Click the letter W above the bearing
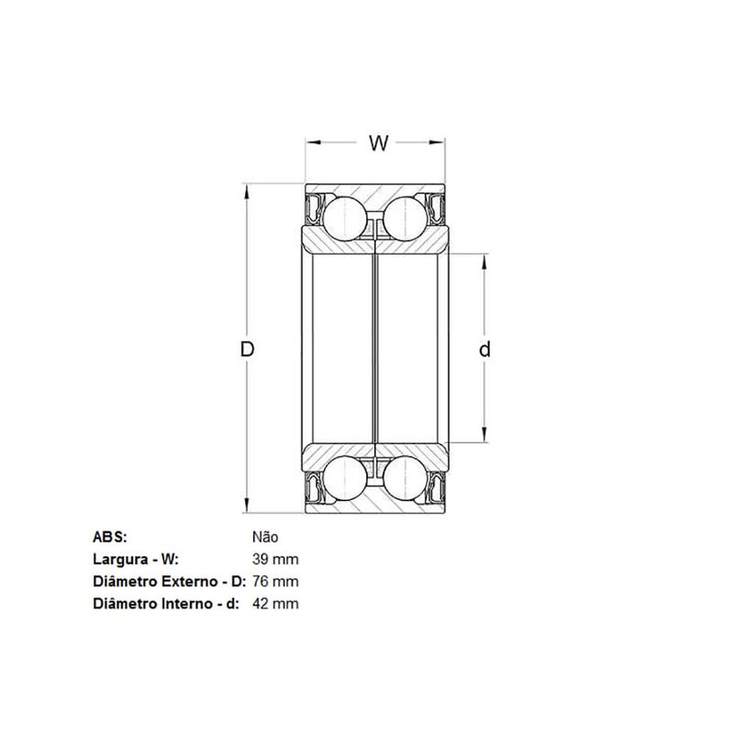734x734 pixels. click(379, 143)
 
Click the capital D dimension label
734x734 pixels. click(247, 350)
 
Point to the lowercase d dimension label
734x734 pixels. click(485, 350)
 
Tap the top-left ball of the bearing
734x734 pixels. click(345, 218)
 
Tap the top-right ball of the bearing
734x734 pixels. click(405, 218)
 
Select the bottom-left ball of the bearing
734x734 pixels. click(345, 478)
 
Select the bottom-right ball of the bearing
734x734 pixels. click(405, 478)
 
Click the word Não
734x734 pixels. click(265, 537)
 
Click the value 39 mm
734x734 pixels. click(275, 560)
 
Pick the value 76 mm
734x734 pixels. click(275, 582)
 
